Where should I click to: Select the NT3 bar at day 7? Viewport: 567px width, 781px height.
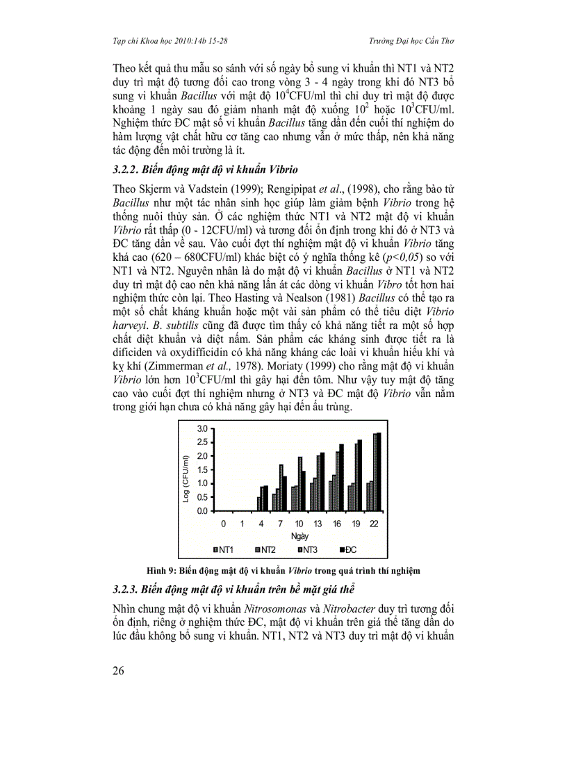281,488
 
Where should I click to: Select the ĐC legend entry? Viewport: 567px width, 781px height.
350,550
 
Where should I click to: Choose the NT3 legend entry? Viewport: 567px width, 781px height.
309,550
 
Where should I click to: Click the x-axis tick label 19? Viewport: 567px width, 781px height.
355,523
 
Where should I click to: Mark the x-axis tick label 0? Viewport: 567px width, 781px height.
223,523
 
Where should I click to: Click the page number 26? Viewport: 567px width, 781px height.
120,670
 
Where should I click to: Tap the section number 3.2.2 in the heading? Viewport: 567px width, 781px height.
127,168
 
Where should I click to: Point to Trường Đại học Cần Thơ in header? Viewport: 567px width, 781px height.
409,41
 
